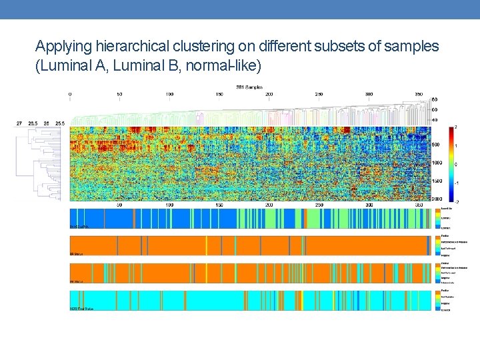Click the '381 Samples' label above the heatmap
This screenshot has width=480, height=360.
249,87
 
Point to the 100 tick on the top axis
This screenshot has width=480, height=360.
169,94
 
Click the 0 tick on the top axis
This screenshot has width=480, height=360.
70,94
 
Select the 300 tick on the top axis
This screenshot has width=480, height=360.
369,94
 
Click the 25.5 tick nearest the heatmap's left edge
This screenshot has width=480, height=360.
61,123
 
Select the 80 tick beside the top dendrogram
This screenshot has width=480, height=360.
435,100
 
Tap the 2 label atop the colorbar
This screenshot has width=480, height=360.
455,126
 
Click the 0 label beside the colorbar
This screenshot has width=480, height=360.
455,164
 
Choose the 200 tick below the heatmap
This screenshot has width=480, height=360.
269,205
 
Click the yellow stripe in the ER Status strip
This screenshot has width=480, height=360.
206,245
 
